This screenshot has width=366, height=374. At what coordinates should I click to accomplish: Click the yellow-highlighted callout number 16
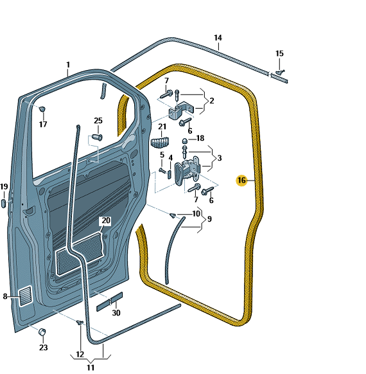point(241,181)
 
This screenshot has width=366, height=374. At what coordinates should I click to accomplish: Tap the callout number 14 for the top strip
point(218,38)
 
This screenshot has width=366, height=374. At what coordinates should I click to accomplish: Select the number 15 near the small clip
point(279,53)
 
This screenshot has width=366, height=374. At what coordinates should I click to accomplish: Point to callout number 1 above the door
point(68,65)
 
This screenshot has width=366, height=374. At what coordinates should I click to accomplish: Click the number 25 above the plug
point(98,121)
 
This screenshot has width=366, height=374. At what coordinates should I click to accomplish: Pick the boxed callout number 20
point(106,220)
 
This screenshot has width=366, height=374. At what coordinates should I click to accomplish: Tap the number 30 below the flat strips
point(116,313)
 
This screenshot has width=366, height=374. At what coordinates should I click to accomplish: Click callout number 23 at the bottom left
point(44,347)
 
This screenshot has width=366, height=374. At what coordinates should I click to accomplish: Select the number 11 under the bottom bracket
point(91,368)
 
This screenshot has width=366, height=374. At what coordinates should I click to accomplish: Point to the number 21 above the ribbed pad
point(162,127)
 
